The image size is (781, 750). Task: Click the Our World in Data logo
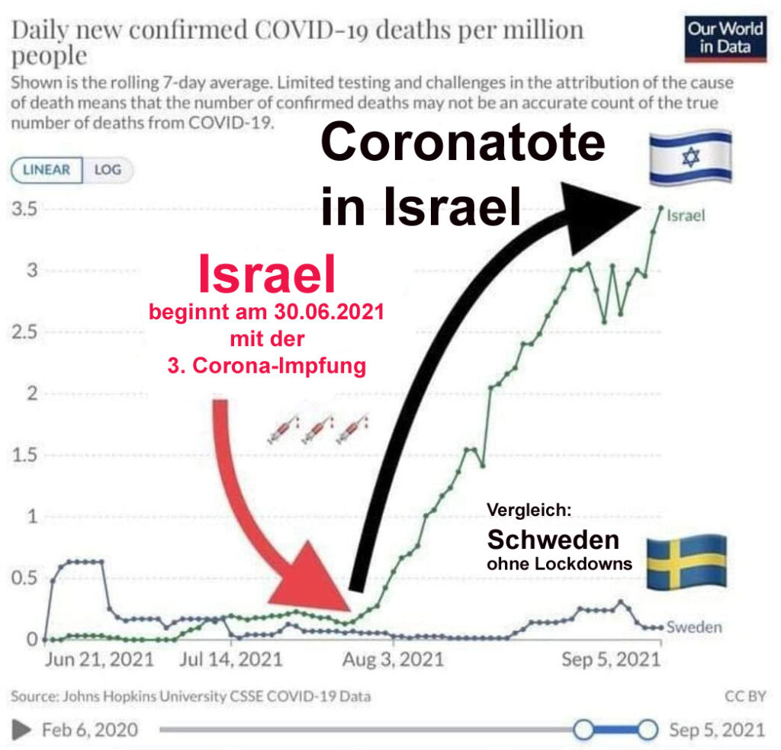click(725, 39)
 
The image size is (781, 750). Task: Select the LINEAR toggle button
click(46, 169)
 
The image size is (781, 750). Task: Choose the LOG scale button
click(108, 169)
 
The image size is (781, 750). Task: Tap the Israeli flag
click(690, 159)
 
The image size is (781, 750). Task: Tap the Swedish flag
click(686, 562)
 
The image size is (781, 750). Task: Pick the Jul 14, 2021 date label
click(231, 659)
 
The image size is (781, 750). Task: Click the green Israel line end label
click(686, 216)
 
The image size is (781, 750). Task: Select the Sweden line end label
click(693, 627)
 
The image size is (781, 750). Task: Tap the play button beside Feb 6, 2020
click(23, 729)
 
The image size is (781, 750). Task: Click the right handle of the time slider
click(647, 729)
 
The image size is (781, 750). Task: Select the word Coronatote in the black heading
click(462, 143)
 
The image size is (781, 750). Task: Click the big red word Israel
click(267, 275)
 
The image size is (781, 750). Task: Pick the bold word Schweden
click(553, 540)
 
